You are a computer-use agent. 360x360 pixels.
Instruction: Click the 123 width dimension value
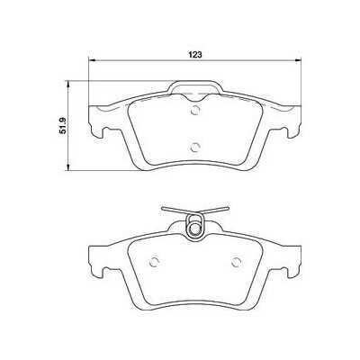[193, 52]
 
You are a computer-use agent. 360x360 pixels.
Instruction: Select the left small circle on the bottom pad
[153, 263]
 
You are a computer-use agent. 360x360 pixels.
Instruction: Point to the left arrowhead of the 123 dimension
[92, 60]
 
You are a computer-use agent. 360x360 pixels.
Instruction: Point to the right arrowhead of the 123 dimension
[298, 60]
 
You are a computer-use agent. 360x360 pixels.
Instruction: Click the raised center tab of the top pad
[194, 88]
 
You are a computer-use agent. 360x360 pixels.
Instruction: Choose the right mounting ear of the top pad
[292, 121]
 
